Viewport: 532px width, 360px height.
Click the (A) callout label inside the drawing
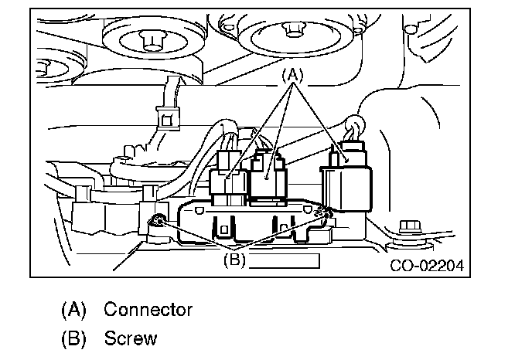(x=292, y=75)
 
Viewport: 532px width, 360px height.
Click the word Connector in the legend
(x=148, y=311)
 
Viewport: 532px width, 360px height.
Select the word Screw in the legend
(x=131, y=338)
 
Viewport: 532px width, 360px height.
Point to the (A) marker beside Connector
(x=74, y=311)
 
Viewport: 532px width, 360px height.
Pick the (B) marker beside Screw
(x=74, y=338)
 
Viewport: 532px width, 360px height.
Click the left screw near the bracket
(x=156, y=222)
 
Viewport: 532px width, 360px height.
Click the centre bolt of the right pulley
(x=293, y=29)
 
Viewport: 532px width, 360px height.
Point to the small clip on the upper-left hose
(x=165, y=118)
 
